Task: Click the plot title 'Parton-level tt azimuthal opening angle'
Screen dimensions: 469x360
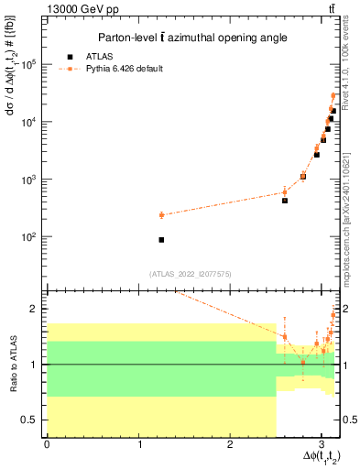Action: (x=188, y=38)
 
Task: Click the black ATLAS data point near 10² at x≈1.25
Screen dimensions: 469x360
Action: (x=161, y=240)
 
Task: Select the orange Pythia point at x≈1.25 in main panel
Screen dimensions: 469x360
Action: (x=161, y=215)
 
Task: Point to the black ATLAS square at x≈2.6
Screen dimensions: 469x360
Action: (x=285, y=200)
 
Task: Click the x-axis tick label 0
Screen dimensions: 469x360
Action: (x=47, y=443)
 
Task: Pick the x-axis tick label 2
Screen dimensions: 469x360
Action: (x=230, y=443)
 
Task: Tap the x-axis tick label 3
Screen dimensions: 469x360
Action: (x=322, y=443)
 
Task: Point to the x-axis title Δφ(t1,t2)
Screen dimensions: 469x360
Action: (x=312, y=457)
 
